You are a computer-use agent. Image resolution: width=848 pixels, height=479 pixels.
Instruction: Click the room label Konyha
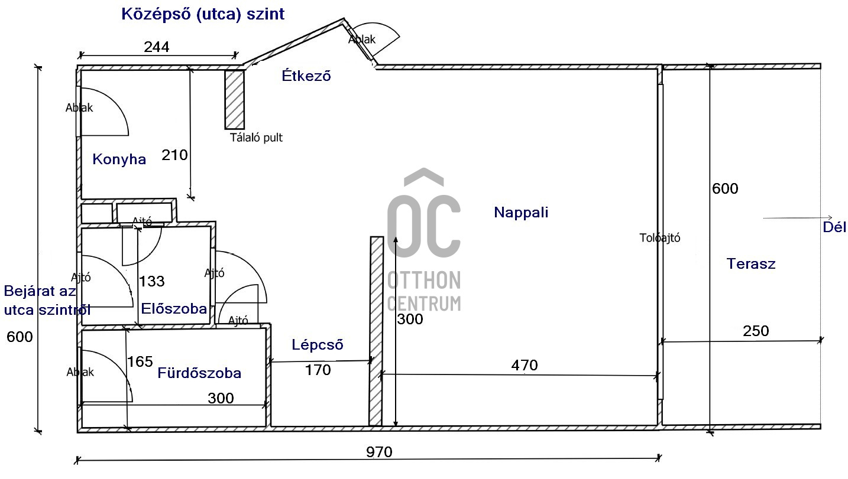pyautogui.click(x=119, y=159)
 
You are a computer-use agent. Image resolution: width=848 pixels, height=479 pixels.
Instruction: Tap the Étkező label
pyautogui.click(x=306, y=76)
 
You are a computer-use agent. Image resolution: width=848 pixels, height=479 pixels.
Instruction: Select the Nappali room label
pyautogui.click(x=521, y=213)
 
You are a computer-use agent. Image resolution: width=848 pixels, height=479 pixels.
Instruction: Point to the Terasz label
pyautogui.click(x=751, y=264)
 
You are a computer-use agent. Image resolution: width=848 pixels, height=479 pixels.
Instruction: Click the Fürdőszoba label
pyautogui.click(x=199, y=373)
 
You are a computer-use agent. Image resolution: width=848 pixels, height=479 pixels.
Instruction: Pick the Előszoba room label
pyautogui.click(x=174, y=309)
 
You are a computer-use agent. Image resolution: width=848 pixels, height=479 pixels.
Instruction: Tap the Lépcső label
pyautogui.click(x=318, y=345)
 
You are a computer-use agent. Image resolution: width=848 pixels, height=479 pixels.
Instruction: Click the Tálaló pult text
pyautogui.click(x=256, y=138)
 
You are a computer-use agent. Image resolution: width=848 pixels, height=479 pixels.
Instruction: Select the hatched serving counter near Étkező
pyautogui.click(x=235, y=99)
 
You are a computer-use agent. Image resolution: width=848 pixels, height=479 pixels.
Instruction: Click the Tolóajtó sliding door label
pyautogui.click(x=660, y=238)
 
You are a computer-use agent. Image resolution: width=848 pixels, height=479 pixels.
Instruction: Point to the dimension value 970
pyautogui.click(x=379, y=452)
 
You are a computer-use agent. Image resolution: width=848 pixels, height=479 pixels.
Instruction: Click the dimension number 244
pyautogui.click(x=157, y=47)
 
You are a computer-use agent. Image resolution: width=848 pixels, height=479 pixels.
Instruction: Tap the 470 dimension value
pyautogui.click(x=525, y=366)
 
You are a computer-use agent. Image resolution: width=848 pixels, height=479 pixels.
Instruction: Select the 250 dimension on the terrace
pyautogui.click(x=756, y=331)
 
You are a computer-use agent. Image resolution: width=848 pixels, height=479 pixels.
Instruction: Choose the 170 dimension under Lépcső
pyautogui.click(x=318, y=370)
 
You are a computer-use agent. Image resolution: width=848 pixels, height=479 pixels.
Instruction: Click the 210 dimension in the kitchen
pyautogui.click(x=174, y=155)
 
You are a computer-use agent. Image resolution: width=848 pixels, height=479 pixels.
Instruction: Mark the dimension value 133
pyautogui.click(x=152, y=281)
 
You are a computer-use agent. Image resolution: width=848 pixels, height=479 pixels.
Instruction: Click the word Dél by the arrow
pyautogui.click(x=835, y=227)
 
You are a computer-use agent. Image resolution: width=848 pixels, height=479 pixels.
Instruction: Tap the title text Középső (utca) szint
pyautogui.click(x=203, y=14)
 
